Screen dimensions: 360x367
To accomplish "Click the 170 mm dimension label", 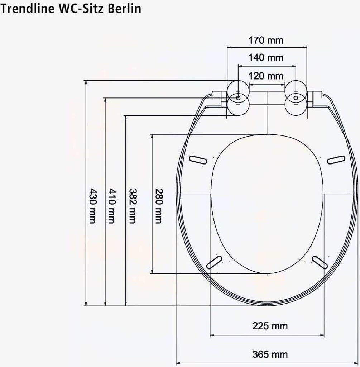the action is coord(266,40).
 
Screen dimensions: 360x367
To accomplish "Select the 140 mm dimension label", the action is coord(266,57).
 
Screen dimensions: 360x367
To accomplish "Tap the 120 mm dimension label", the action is coord(266,76).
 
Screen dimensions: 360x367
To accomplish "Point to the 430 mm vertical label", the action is coord(92,206).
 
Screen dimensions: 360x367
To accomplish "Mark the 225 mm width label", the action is coord(270,326).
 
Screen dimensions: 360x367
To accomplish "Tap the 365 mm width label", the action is coord(270,354).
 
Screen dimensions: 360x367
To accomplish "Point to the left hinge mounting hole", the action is coord(238,97).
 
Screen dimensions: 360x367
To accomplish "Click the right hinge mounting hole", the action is coord(296,97).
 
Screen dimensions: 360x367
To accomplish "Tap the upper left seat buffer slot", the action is coord(197,159).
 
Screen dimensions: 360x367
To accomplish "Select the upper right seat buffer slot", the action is coord(336,159).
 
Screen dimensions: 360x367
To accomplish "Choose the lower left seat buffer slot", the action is coord(214,262).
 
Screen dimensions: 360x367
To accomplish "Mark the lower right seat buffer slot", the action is coord(320,262).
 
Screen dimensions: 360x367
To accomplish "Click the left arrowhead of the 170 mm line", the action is coord(229,47).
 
